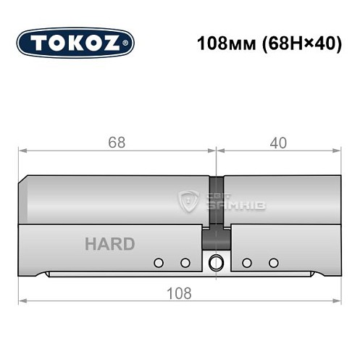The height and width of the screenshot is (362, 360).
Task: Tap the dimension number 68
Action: pyautogui.click(x=116, y=143)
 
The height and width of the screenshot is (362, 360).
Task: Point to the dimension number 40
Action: pyautogui.click(x=277, y=143)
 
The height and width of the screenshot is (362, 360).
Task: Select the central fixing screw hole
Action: pyautogui.click(x=215, y=262)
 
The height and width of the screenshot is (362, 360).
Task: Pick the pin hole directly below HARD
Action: pyautogui.click(x=159, y=262)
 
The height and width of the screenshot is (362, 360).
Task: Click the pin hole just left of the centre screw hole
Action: pyautogui.click(x=185, y=262)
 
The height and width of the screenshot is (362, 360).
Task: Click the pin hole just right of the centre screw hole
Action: pyautogui.click(x=246, y=262)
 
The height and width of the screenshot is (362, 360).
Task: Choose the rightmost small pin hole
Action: pyautogui.click(x=273, y=262)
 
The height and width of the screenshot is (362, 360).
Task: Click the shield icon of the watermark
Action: pyautogui.click(x=189, y=201)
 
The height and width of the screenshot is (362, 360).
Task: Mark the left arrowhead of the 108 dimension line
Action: pyautogui.click(x=22, y=302)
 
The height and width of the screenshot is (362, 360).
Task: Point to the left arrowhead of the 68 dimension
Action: pyautogui.click(x=22, y=151)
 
